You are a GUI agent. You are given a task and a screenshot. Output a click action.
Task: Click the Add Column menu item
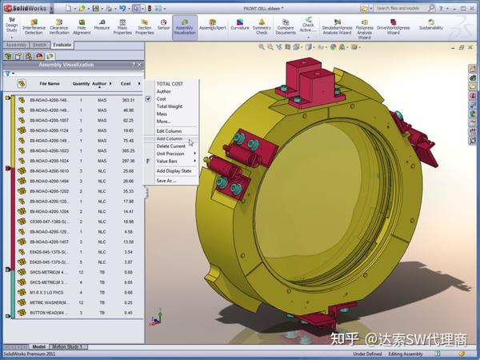pos(169,138)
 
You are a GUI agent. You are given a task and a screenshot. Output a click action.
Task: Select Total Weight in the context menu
pos(169,106)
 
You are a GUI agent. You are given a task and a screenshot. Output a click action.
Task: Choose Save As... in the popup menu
pos(166,180)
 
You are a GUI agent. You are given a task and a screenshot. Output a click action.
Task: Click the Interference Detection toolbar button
pos(34,26)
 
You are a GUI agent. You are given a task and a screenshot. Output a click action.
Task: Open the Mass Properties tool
pos(122,26)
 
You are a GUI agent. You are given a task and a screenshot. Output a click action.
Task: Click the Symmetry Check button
pos(262,26)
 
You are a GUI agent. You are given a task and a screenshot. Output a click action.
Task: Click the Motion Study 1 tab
pos(70,347)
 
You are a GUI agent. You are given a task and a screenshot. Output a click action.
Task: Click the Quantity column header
pos(81,83)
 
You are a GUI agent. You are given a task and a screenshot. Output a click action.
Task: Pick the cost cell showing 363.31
pos(127,100)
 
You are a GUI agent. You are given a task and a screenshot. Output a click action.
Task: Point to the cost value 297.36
pos(127,160)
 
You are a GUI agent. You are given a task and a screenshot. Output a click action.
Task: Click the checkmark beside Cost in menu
pos(148,98)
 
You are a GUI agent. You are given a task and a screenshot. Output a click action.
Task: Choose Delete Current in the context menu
pos(170,146)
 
